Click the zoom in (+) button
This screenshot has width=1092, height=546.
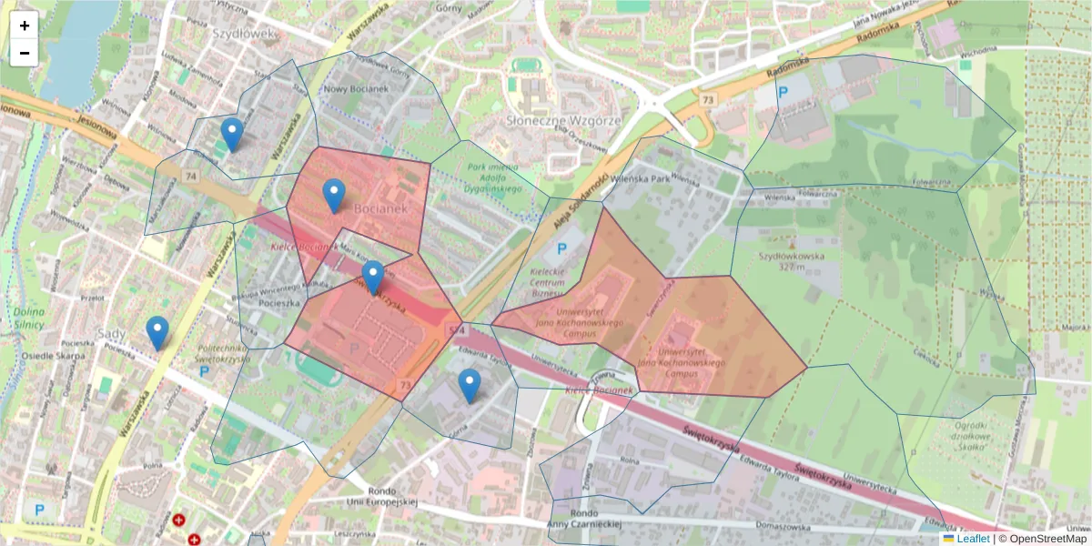[x=25, y=25]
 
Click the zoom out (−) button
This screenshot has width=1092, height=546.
[x=25, y=53]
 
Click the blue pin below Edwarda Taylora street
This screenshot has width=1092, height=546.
[x=470, y=386]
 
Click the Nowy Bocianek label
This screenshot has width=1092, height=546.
[x=356, y=89]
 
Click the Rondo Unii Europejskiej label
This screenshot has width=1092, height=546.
[x=381, y=495]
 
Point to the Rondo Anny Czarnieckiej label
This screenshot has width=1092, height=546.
[x=583, y=518]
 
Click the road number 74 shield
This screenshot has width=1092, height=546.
[x=189, y=176]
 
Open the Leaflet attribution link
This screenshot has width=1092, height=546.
[x=971, y=539]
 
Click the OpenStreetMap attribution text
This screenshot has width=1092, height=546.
[x=1046, y=539]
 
